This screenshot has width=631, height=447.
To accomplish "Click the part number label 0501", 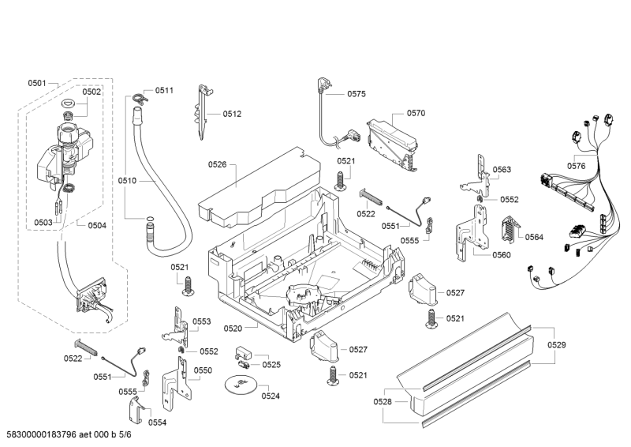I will (37, 83).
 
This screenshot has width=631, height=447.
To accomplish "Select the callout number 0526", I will (217, 164).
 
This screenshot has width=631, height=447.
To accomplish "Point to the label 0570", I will (416, 113).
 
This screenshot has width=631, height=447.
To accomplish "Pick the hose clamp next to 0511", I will (141, 99).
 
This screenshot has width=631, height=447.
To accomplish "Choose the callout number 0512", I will (231, 114).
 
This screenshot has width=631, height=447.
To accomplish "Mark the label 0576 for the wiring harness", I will (576, 166).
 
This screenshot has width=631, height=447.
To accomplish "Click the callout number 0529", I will (557, 344).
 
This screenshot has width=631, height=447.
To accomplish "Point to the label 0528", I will (383, 402).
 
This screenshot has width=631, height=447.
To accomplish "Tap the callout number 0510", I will (127, 181).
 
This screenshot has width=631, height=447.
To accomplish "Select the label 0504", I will (97, 225).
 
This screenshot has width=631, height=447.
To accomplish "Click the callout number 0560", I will (501, 254).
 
